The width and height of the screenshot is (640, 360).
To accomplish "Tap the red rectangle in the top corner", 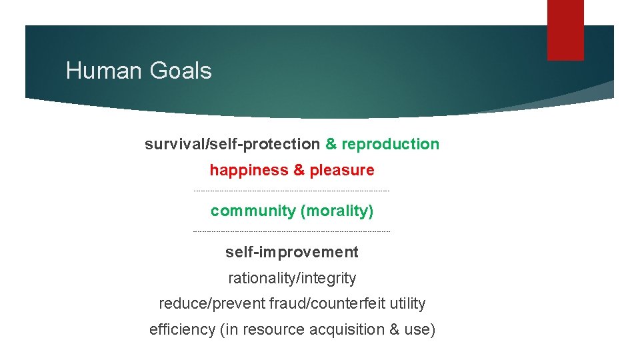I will (x=565, y=30).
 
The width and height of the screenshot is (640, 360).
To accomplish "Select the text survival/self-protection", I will (x=232, y=144).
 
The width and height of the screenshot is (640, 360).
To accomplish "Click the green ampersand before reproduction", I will (x=331, y=144).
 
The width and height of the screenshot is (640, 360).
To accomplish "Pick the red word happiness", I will (x=248, y=170).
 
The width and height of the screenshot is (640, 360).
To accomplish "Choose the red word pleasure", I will (x=342, y=170).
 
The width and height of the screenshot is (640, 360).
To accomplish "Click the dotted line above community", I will (x=291, y=191).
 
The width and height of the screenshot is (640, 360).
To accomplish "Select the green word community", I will (x=253, y=211).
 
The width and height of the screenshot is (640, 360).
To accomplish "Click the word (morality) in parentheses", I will (x=337, y=211).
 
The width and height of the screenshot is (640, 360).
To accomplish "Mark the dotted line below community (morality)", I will (x=291, y=232).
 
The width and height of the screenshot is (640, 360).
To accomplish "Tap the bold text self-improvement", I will (x=292, y=252).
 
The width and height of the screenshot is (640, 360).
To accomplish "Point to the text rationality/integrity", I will (x=292, y=278).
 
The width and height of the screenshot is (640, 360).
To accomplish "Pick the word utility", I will (x=407, y=304).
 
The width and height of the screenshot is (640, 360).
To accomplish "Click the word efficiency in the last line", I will (x=182, y=330).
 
